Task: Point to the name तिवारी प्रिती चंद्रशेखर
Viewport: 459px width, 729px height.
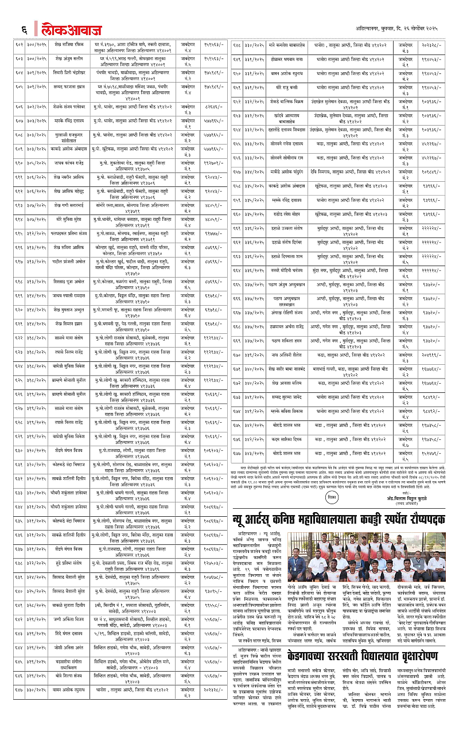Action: pos(61,73)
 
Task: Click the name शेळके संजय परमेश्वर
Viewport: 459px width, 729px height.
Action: pos(61,107)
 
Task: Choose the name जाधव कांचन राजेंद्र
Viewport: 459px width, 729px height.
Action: pos(61,162)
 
